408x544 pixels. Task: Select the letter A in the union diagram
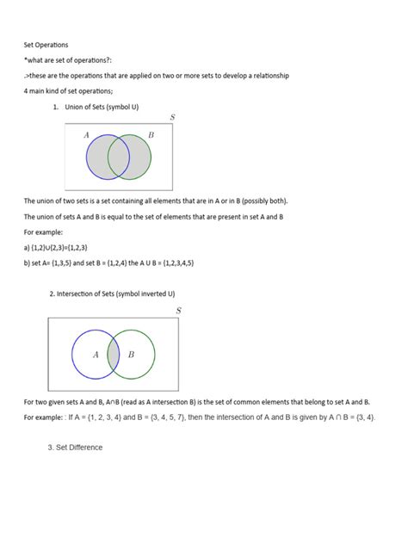click(x=86, y=135)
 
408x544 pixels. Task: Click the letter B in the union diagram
click(x=151, y=135)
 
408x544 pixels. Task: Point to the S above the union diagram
click(x=172, y=116)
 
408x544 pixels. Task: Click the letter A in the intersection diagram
click(x=96, y=355)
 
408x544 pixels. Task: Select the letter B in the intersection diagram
click(x=132, y=355)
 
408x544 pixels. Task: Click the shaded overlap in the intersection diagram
click(x=113, y=355)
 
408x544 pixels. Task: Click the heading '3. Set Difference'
click(x=75, y=448)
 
